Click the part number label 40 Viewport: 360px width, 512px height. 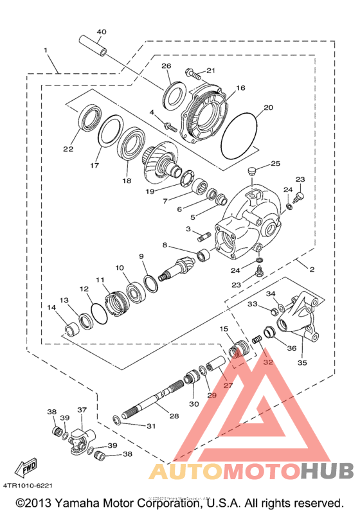point(102,32)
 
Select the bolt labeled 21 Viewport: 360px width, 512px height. point(193,74)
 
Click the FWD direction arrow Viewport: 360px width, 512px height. point(26,468)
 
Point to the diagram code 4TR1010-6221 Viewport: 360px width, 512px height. point(28,486)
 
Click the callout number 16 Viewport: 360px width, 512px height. point(240,88)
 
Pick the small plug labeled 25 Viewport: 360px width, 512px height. point(251,171)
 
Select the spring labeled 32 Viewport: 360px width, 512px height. point(257,340)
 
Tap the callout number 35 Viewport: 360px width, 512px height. point(302,363)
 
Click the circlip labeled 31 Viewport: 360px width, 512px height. point(116,421)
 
